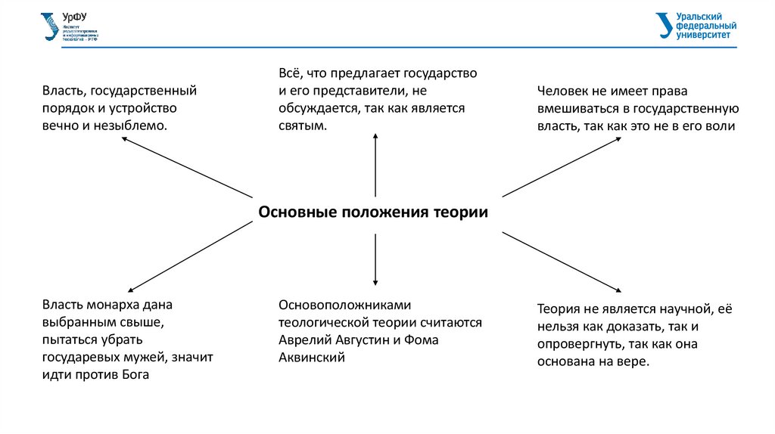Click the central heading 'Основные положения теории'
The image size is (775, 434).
[373, 212]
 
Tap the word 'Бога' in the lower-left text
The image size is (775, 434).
[134, 374]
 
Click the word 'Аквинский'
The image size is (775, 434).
[312, 358]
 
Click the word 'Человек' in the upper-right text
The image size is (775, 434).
[562, 91]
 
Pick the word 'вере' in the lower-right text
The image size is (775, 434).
[634, 361]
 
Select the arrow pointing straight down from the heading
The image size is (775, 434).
[375, 261]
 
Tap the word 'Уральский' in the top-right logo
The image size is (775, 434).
[698, 17]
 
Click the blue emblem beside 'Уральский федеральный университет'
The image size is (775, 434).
[664, 25]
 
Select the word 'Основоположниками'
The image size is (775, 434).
[344, 305]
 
